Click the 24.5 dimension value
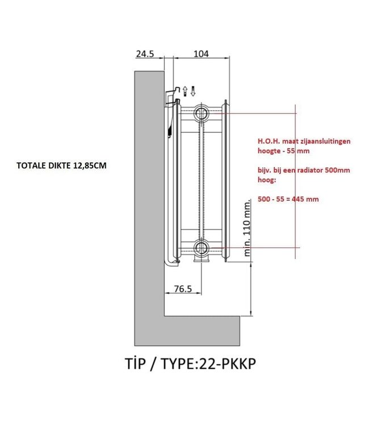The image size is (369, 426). (145, 54)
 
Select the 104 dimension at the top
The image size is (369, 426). (201, 54)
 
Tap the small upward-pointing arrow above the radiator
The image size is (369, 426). (186, 90)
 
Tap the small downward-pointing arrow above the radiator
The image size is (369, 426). (194, 90)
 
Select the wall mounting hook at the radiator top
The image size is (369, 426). (174, 97)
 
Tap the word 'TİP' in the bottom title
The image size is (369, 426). (137, 364)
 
